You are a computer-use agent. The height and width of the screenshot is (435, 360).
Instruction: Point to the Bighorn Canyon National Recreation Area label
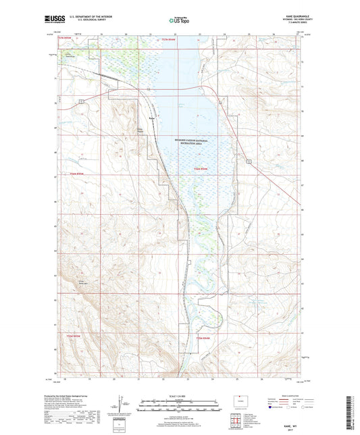(189, 143)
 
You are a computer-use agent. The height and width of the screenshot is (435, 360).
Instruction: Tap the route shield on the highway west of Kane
(82, 101)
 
